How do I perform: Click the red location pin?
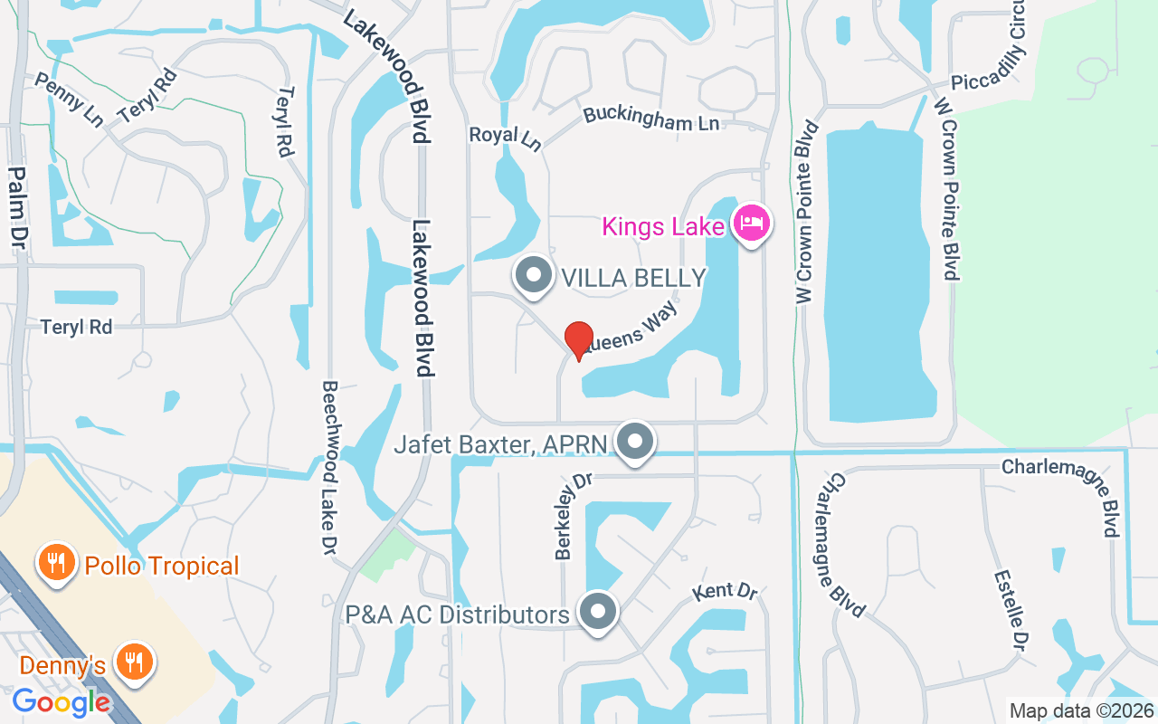point(579,340)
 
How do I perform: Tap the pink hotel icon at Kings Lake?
point(752,222)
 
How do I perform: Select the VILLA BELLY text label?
point(633,278)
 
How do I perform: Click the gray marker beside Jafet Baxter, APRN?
point(635,442)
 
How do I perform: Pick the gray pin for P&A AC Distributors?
point(597,613)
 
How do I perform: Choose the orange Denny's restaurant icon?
point(134,662)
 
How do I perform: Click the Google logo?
point(62,701)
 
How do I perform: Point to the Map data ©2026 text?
point(1081,711)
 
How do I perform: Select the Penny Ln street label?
point(69,100)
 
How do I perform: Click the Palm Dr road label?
point(17,208)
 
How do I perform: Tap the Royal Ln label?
point(505,137)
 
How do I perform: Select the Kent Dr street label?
point(725,593)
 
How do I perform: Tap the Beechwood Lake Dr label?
point(328,468)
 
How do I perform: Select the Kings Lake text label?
point(663,225)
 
